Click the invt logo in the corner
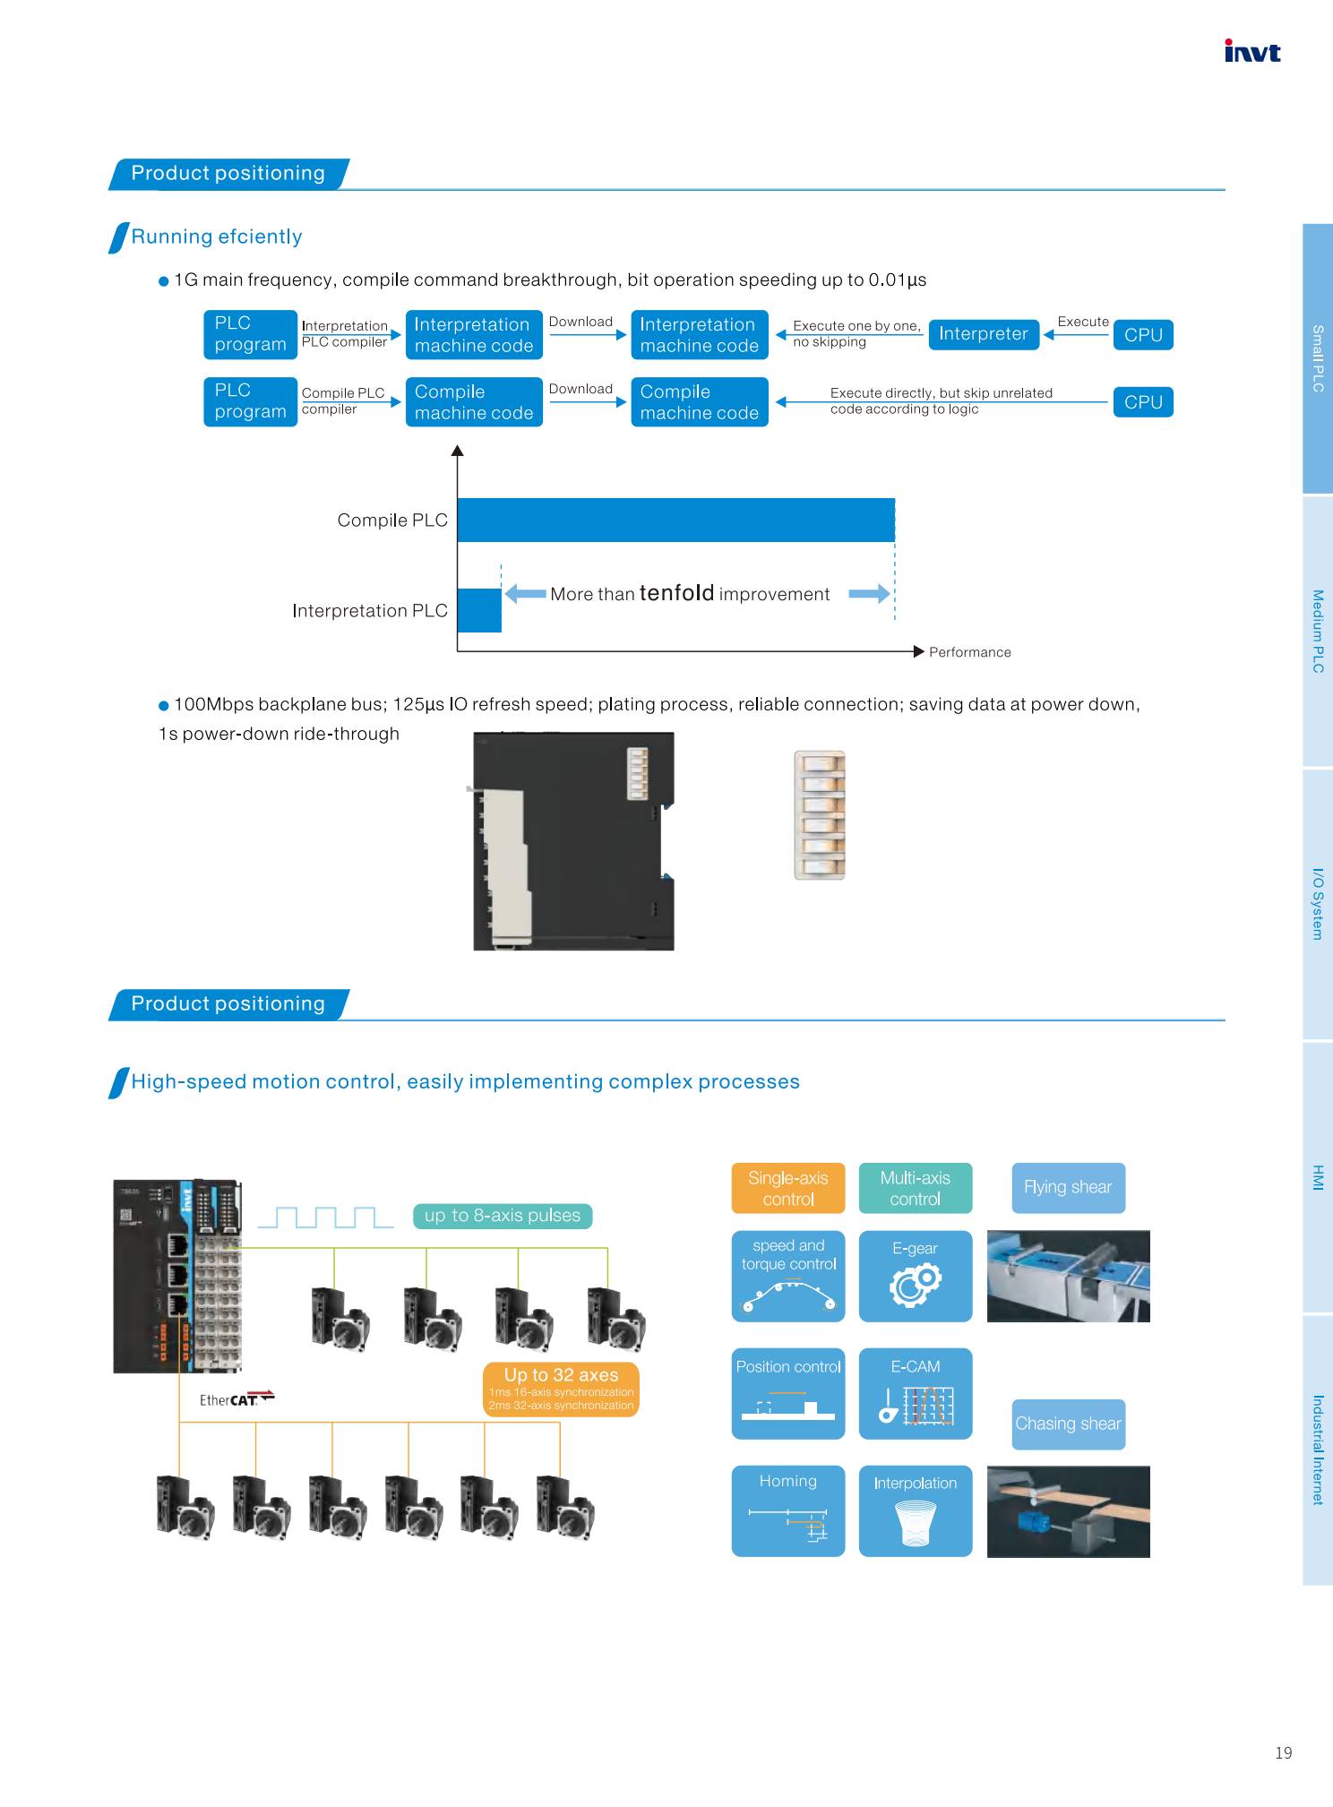[x=1252, y=52]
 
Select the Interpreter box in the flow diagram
[x=984, y=334]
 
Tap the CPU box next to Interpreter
[x=1143, y=335]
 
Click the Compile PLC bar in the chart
[x=675, y=520]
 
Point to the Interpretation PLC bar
[x=479, y=610]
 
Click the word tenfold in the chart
[x=676, y=593]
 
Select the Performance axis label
[x=970, y=652]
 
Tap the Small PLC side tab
[x=1318, y=357]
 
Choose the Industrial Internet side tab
[x=1318, y=1449]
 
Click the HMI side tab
[x=1318, y=1177]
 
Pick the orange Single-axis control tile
[x=788, y=1188]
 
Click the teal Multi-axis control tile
[x=916, y=1188]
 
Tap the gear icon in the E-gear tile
[x=916, y=1283]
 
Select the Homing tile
[x=788, y=1510]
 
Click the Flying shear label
[x=1068, y=1188]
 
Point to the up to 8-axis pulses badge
[x=503, y=1216]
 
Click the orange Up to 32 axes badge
[x=561, y=1390]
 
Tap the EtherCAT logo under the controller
[x=236, y=1399]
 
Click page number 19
[x=1283, y=1753]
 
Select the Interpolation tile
[x=916, y=1510]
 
